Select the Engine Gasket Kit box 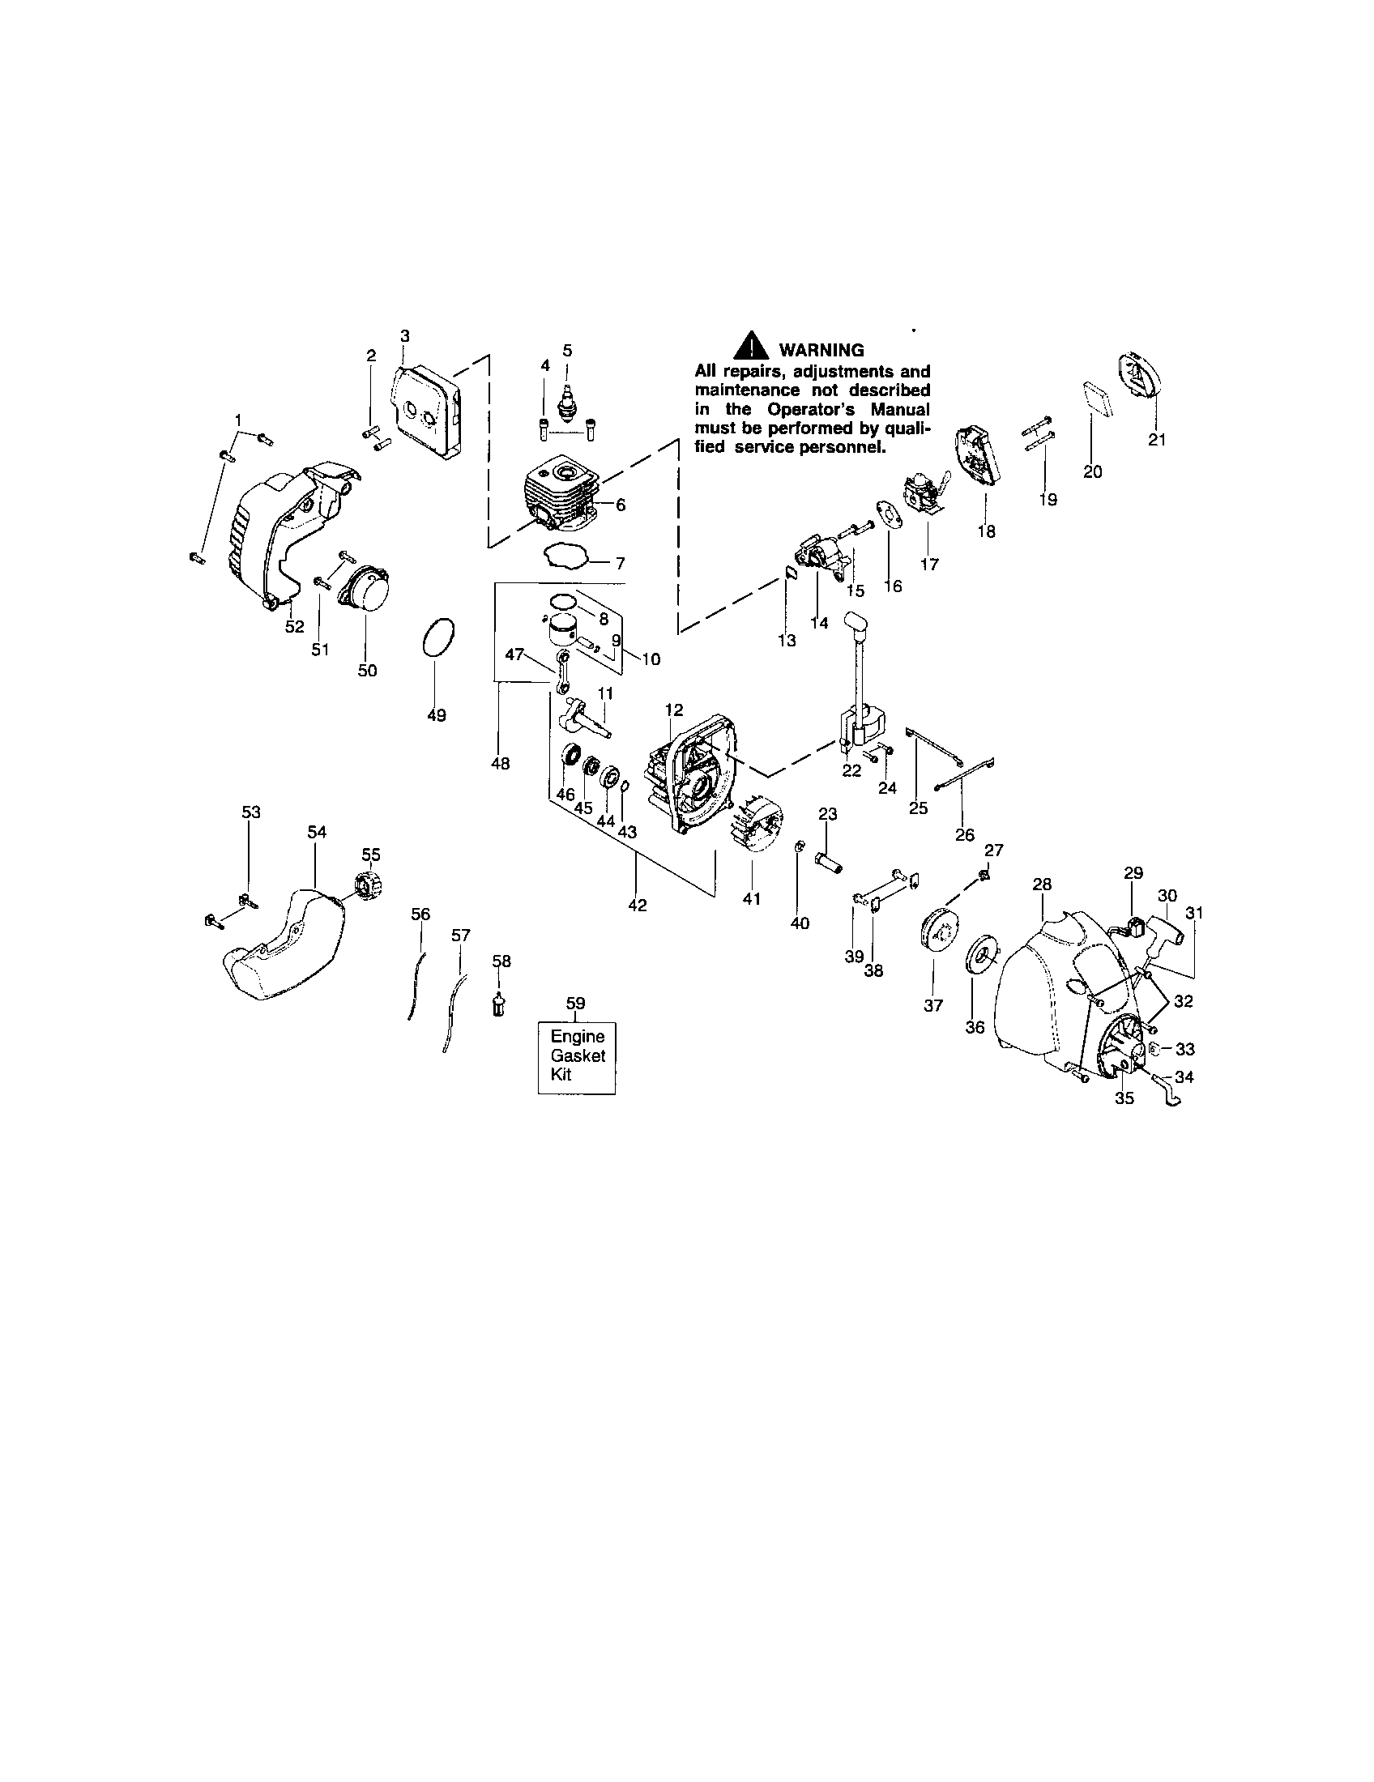tap(577, 1056)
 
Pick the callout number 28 tap(1042, 884)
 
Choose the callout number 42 tap(638, 905)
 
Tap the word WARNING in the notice tap(821, 350)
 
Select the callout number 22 tap(851, 770)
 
